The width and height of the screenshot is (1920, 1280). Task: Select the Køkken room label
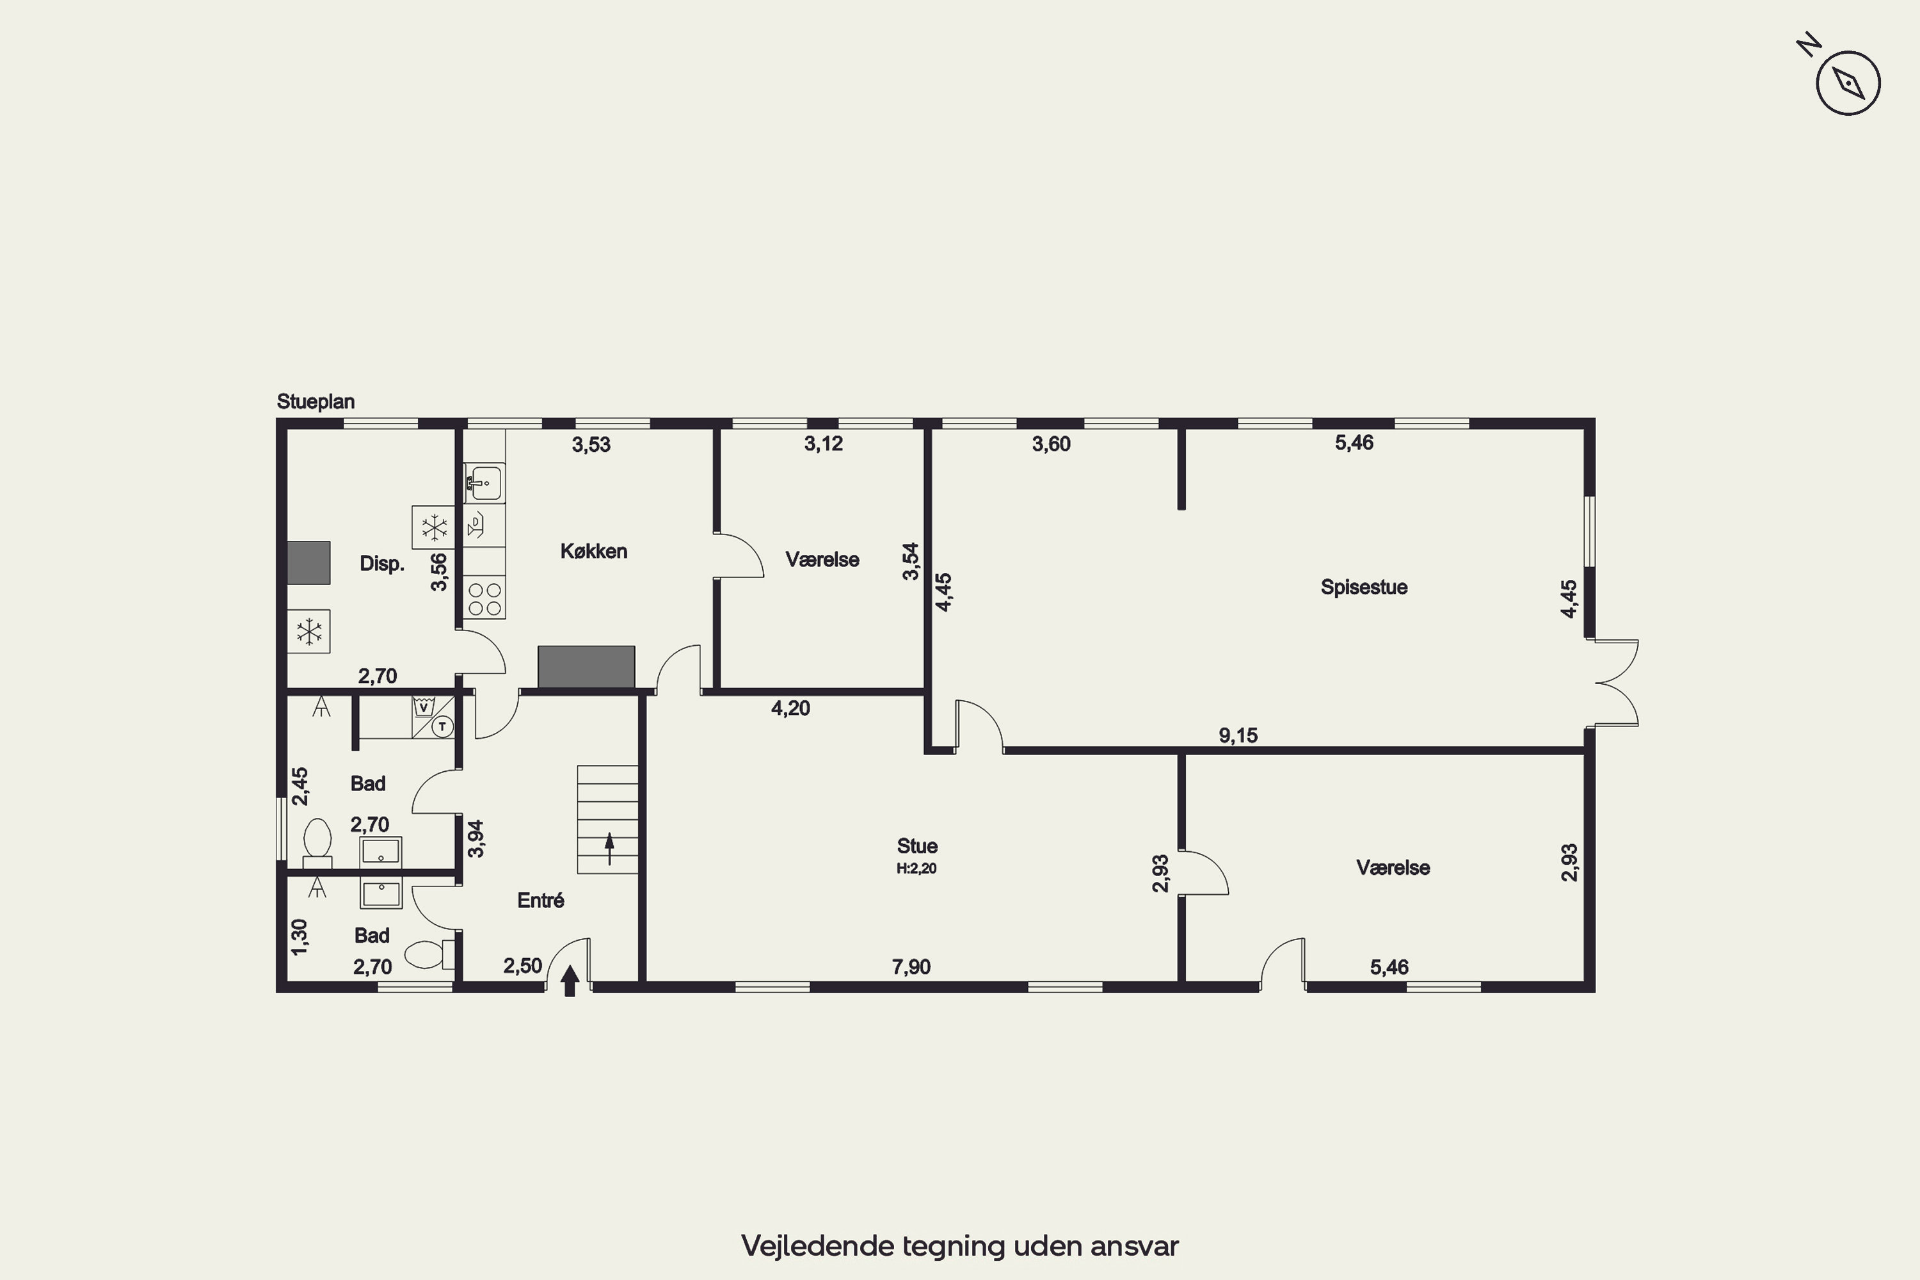[593, 551]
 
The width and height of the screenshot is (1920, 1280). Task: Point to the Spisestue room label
[1364, 587]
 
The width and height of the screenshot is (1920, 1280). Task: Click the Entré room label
[540, 900]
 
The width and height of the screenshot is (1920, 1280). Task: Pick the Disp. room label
[382, 563]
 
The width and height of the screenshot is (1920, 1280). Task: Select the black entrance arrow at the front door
[570, 980]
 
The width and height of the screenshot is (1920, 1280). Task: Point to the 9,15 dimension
[1238, 735]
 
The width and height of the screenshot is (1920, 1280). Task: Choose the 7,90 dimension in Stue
[911, 966]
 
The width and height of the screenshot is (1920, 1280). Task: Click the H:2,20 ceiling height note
[916, 868]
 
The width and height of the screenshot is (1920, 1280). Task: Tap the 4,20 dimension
[790, 708]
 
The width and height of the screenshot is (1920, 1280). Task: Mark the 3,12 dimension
[824, 444]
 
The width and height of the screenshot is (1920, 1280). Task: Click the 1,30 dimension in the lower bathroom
[300, 937]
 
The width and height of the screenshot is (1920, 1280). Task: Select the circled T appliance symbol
[442, 726]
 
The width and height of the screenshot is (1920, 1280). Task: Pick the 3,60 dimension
[1052, 444]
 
